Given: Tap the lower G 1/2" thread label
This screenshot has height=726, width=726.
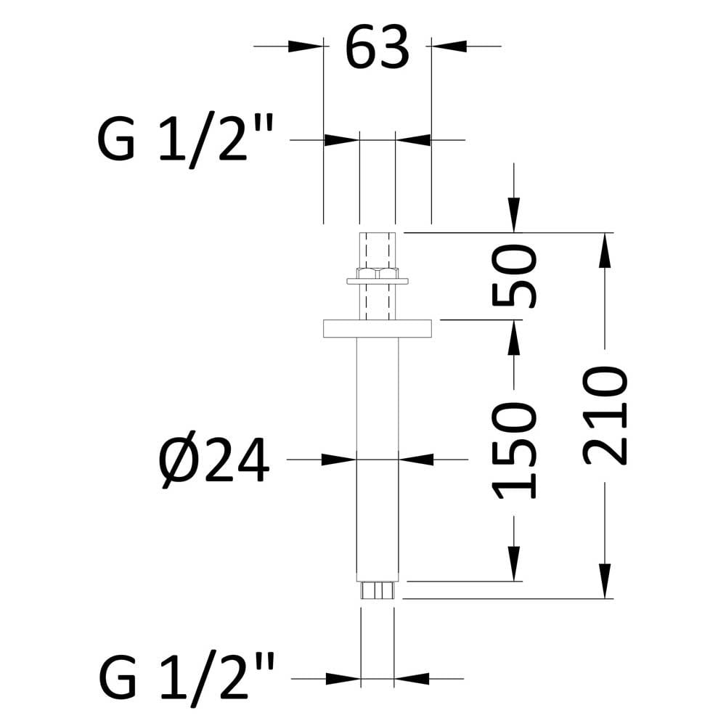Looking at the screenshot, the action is (x=187, y=677).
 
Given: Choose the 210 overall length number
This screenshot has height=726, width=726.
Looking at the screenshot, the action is (x=605, y=415).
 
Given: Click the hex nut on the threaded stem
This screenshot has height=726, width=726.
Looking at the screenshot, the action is (x=378, y=273).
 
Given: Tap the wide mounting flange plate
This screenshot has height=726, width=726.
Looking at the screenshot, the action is (x=378, y=328).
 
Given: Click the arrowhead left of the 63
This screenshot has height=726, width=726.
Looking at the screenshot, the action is (x=306, y=46).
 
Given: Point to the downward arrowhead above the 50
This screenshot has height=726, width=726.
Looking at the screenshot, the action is (x=514, y=215).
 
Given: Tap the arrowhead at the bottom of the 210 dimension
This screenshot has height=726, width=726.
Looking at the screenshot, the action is (x=605, y=581).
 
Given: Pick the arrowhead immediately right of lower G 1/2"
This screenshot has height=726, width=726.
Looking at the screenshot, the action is (x=343, y=679).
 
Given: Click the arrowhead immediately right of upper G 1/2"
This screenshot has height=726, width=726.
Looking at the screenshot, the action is (x=342, y=139).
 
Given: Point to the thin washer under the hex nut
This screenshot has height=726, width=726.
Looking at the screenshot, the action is (x=378, y=281).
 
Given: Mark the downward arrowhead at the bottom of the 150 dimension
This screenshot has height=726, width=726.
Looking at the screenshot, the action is (x=514, y=563).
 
